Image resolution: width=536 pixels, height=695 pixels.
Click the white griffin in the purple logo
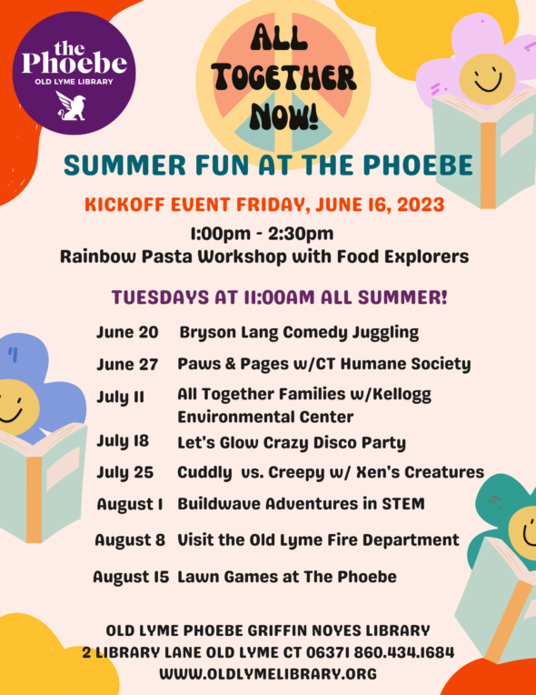pyautogui.click(x=71, y=106)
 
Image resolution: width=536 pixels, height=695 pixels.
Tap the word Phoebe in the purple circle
pyautogui.click(x=74, y=65)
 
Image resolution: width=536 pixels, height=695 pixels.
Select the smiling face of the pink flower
pyautogui.click(x=487, y=79)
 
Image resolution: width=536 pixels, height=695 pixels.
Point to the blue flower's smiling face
pyautogui.click(x=15, y=407)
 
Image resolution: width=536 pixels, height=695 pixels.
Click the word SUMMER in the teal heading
pyautogui.click(x=124, y=166)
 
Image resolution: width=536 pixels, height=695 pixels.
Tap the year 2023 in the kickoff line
pyautogui.click(x=421, y=205)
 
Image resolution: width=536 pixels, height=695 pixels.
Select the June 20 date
pyautogui.click(x=127, y=332)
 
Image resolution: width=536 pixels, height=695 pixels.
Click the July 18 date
pyautogui.click(x=123, y=441)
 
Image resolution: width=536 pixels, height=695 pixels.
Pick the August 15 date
pyautogui.click(x=131, y=577)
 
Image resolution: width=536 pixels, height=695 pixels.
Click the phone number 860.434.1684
pyautogui.click(x=403, y=652)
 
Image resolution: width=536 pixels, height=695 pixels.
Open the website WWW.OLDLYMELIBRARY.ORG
pyautogui.click(x=268, y=674)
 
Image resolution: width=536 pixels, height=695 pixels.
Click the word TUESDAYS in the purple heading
pyautogui.click(x=160, y=297)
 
